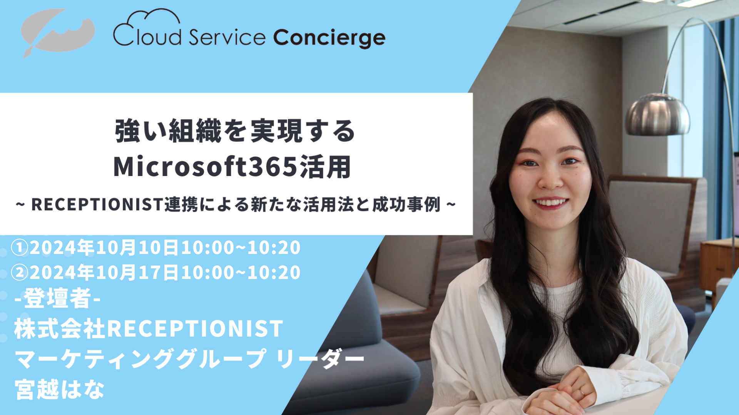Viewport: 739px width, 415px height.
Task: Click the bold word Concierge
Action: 329,38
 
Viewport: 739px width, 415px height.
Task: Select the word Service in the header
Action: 227,37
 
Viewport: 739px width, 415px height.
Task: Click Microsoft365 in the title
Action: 206,167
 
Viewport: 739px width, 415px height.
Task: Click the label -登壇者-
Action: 58,299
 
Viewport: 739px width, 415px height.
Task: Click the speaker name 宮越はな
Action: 60,390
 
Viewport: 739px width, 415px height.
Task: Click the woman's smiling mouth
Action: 550,202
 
